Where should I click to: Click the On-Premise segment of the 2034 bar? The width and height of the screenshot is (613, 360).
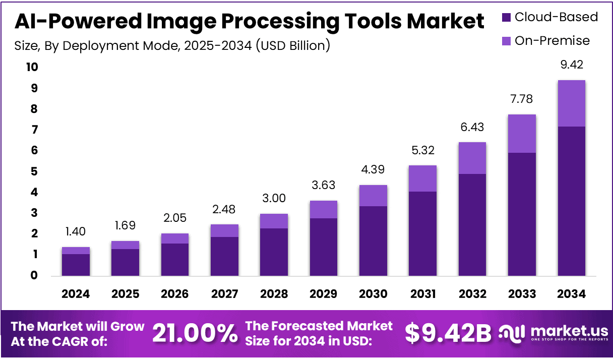(571, 103)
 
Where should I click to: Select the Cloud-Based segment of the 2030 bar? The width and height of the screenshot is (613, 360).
(373, 241)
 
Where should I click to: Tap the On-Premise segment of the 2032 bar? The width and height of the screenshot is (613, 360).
(472, 158)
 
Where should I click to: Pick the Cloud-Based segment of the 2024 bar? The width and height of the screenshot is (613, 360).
(76, 265)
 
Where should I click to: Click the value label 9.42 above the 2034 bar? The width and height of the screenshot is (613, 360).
(571, 65)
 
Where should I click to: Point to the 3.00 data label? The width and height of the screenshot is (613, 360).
(274, 199)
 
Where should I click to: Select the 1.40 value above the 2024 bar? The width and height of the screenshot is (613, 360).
(76, 232)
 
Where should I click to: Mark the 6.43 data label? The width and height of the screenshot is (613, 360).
(472, 127)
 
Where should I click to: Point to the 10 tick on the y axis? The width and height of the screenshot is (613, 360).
(31, 67)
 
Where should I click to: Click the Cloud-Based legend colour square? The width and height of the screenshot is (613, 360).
(507, 18)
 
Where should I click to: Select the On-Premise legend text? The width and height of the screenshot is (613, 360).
(552, 41)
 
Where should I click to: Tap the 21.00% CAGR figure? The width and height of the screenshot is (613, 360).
(195, 333)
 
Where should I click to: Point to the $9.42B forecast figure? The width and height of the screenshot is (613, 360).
(448, 333)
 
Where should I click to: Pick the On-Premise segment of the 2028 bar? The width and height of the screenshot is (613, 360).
(274, 221)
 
